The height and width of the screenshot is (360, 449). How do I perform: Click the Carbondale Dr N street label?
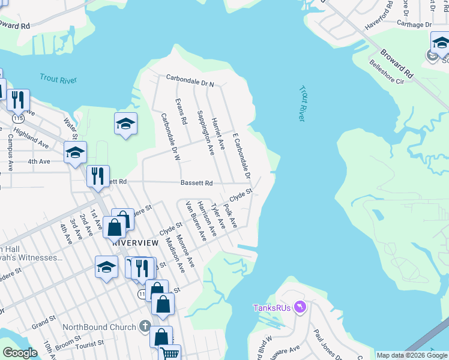[190, 78]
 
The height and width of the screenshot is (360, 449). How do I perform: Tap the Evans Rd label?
[180, 112]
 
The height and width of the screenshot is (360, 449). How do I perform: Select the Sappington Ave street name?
[202, 133]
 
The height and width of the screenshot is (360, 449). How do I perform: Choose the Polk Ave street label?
[231, 216]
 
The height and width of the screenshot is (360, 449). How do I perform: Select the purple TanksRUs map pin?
[300, 308]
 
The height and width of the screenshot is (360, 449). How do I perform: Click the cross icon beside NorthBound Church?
[144, 327]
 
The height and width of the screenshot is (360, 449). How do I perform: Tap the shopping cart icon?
[170, 353]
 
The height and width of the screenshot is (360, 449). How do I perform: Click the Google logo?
[20, 352]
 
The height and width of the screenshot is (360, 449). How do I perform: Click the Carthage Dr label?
[414, 25]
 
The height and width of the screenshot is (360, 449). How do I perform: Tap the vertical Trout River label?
[301, 103]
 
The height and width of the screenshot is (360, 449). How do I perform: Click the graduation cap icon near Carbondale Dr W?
[125, 124]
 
